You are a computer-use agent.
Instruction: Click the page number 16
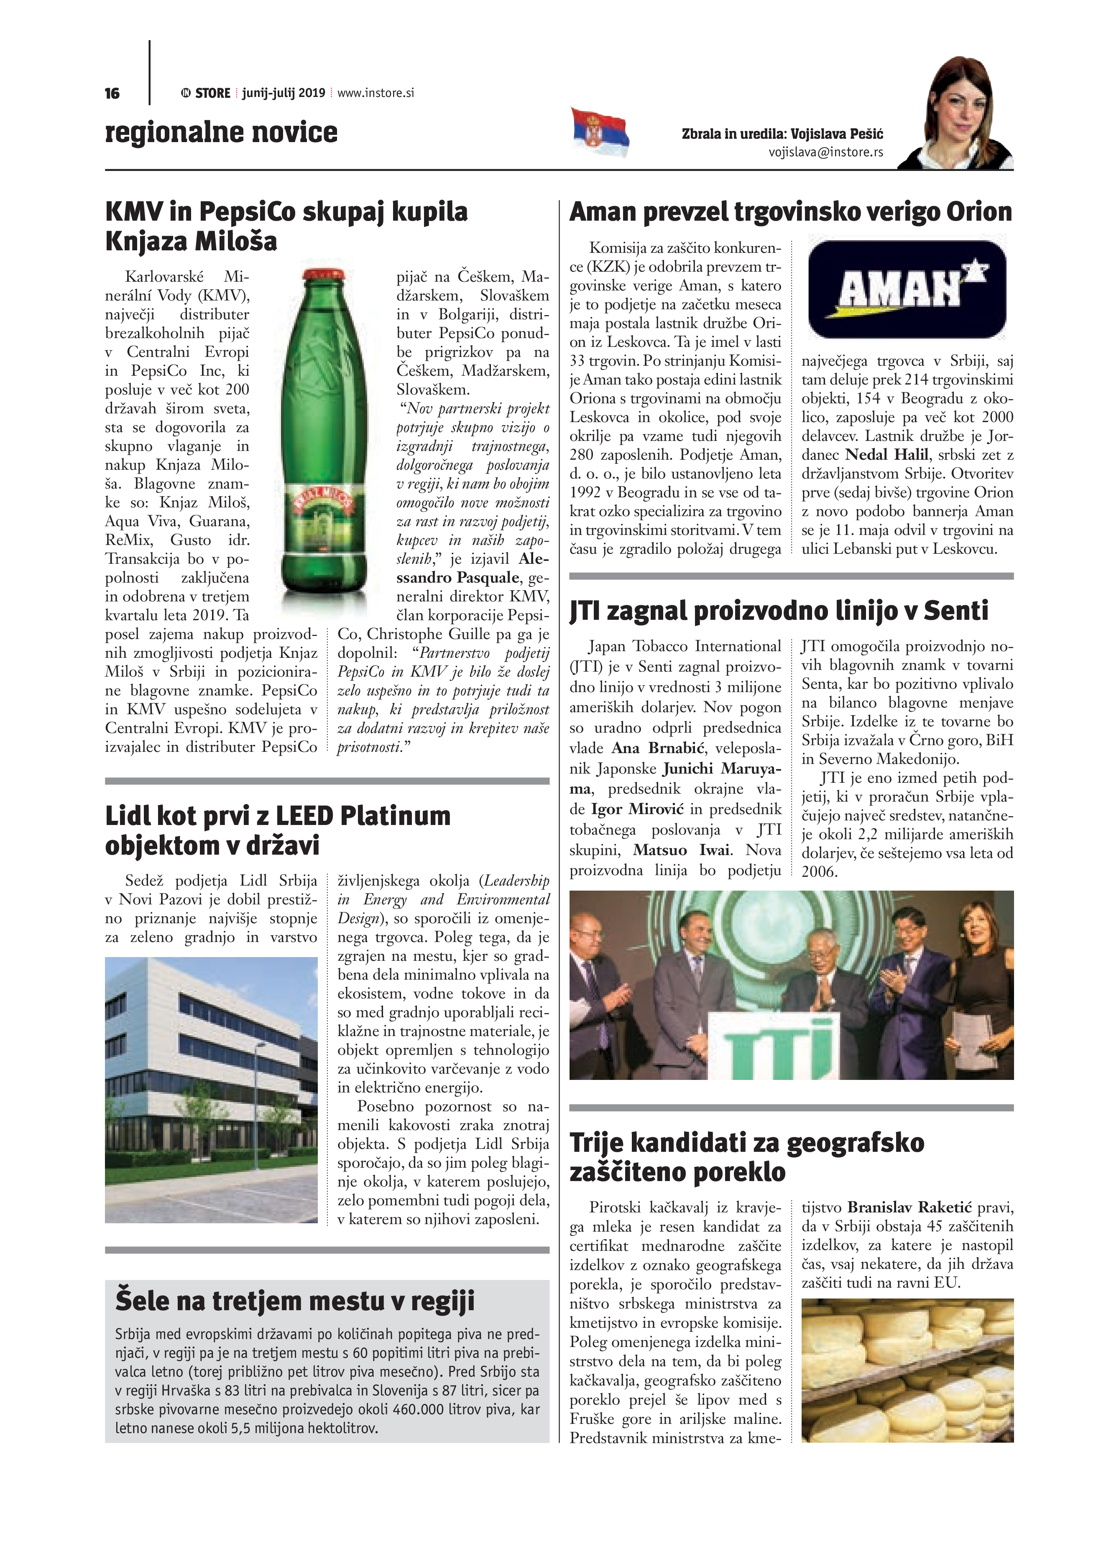[x=112, y=94]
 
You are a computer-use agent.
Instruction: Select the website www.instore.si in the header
[x=376, y=93]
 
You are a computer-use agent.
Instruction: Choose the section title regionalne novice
[x=221, y=132]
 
